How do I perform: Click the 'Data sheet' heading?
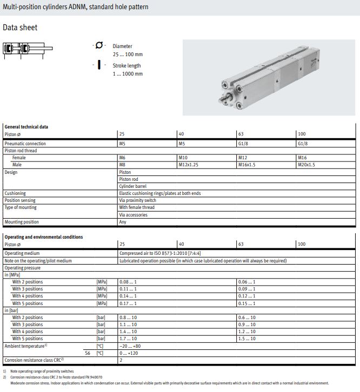pyautogui.click(x=20, y=27)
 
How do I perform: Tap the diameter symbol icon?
pyautogui.click(x=99, y=45)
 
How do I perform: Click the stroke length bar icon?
pyautogui.click(x=99, y=65)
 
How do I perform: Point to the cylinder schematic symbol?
pyautogui.click(x=28, y=50)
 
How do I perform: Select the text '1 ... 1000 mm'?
pyautogui.click(x=128, y=74)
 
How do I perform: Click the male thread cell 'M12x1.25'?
pyautogui.click(x=188, y=165)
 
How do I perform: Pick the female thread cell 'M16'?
pyautogui.click(x=302, y=158)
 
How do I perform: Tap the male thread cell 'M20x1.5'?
pyautogui.click(x=306, y=165)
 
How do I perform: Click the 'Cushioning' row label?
pyautogui.click(x=15, y=193)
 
